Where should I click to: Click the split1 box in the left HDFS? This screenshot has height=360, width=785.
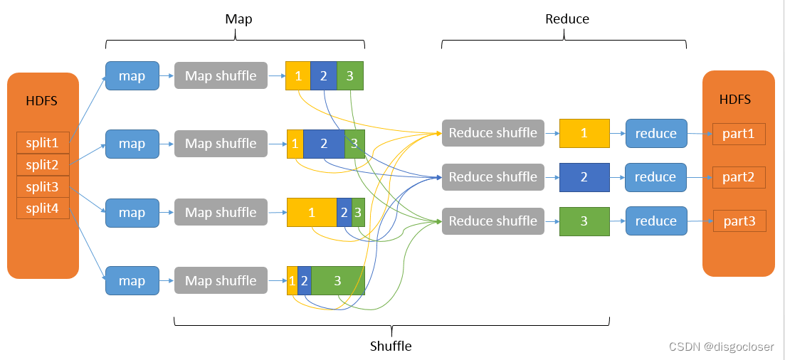[x=43, y=143]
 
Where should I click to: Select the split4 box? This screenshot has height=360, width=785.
[x=43, y=208]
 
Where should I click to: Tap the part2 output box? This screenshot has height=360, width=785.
[x=739, y=177]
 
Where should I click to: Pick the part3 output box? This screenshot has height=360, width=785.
[x=739, y=221]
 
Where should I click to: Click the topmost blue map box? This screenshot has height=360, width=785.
[x=132, y=75]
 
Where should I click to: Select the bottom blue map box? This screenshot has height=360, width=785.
[x=132, y=280]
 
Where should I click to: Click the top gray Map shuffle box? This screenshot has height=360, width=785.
[x=221, y=75]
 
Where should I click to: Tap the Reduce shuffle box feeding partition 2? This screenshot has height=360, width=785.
[x=492, y=177]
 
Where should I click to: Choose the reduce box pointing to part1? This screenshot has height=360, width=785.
[x=655, y=133]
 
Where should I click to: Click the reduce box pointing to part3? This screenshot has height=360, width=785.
[x=655, y=221]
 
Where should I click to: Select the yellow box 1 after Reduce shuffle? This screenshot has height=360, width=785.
[x=584, y=133]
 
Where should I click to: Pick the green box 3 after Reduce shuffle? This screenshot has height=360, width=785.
[x=584, y=221]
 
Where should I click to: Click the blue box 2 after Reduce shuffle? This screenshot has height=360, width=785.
[x=584, y=177]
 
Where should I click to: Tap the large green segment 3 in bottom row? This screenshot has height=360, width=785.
[x=338, y=280]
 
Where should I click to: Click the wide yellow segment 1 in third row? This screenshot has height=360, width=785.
[x=312, y=212]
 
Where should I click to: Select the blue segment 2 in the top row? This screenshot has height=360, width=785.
[x=324, y=75]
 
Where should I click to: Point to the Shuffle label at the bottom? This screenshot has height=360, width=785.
[x=391, y=346]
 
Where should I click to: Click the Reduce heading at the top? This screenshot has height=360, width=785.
[x=567, y=19]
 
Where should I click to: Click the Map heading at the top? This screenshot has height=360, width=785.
[x=238, y=19]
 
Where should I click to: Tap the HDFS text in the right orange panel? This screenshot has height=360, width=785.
[x=735, y=100]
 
